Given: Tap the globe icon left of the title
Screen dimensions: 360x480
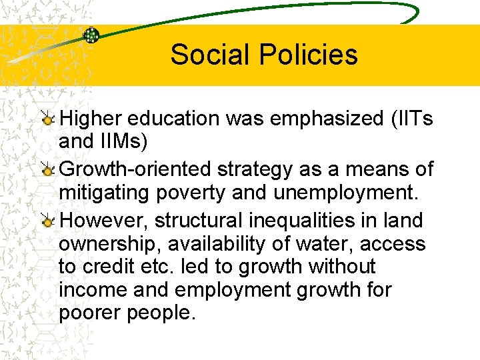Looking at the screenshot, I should tap(91, 35).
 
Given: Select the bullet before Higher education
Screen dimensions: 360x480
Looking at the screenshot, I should tap(48, 120).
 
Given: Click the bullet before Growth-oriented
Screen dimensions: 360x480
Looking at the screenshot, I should tap(48, 171).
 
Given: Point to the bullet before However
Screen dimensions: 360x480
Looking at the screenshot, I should tap(48, 220).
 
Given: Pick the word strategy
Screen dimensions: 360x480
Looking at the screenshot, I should tap(253, 169).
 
